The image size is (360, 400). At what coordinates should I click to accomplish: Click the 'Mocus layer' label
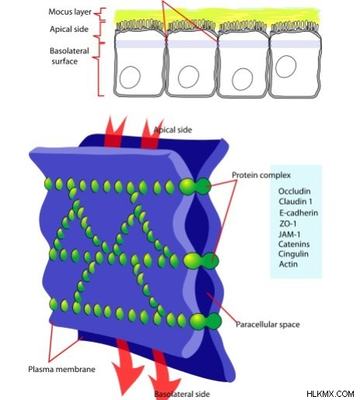tap(70, 12)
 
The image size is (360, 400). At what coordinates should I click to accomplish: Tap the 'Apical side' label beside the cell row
tap(69, 29)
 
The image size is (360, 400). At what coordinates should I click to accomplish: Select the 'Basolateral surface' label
tap(69, 56)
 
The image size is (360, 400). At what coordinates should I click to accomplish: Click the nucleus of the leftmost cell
tap(130, 77)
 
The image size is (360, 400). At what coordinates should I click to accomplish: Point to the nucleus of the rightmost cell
tap(286, 67)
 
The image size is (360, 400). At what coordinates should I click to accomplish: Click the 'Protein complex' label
tap(261, 175)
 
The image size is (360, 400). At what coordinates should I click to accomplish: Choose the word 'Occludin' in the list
tap(294, 191)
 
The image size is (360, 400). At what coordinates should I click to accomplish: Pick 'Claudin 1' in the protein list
tap(296, 202)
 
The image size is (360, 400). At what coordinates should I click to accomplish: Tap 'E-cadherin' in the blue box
tap(299, 213)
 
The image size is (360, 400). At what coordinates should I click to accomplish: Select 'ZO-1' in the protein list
tap(288, 223)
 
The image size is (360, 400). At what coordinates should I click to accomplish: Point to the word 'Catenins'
tap(294, 244)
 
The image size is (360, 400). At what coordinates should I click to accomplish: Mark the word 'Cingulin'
tap(293, 254)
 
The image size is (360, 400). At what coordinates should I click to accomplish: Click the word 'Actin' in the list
tap(288, 264)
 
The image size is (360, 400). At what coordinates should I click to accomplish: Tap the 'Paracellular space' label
tap(268, 325)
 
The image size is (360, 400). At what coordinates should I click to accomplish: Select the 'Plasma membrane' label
tap(61, 369)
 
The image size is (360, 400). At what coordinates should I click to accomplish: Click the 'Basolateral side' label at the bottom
tap(182, 394)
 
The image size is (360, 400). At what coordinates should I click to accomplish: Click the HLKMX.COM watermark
tap(331, 394)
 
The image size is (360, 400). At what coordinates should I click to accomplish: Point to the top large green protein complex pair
tap(195, 186)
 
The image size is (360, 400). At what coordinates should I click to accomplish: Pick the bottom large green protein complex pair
tap(206, 321)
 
